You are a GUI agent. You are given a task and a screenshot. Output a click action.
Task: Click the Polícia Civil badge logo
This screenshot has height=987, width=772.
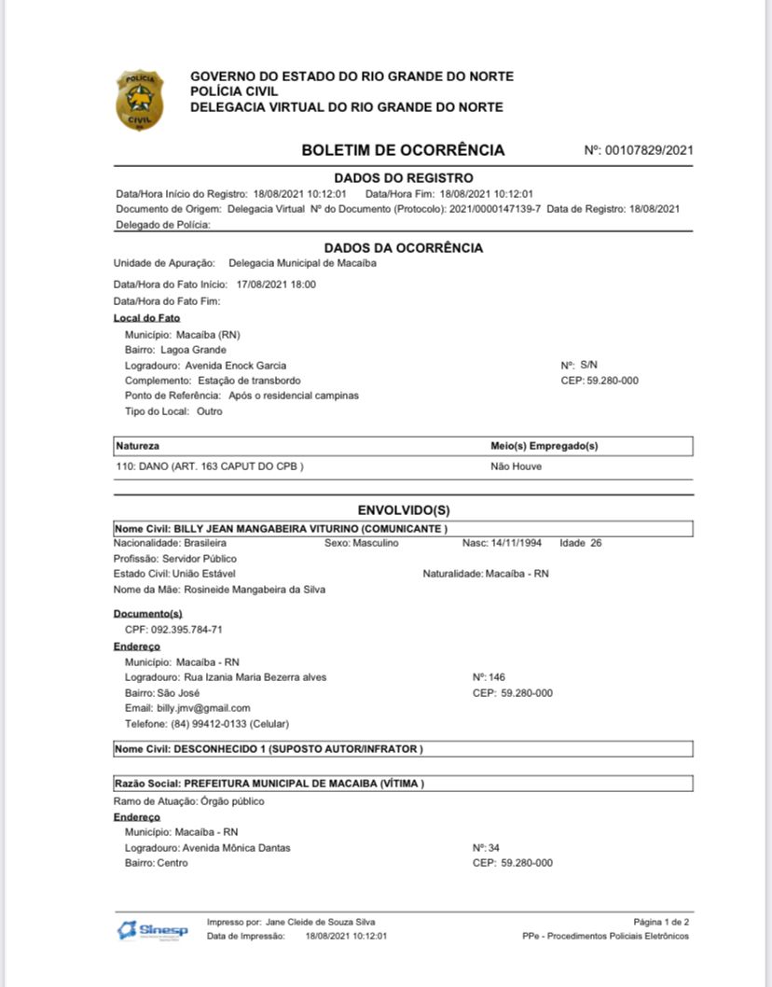click(x=140, y=100)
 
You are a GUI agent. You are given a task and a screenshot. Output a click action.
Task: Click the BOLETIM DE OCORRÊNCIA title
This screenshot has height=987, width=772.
click(x=403, y=150)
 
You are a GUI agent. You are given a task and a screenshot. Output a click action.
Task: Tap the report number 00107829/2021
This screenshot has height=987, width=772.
click(x=649, y=150)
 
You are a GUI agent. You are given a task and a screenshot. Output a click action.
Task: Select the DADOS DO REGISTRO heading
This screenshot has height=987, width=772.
click(x=403, y=178)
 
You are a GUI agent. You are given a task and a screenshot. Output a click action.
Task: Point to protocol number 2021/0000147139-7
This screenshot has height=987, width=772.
click(x=495, y=208)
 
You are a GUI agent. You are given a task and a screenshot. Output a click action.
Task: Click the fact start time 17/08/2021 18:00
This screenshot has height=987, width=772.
click(x=276, y=285)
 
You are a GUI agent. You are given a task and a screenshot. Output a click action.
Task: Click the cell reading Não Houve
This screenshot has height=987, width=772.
click(x=516, y=466)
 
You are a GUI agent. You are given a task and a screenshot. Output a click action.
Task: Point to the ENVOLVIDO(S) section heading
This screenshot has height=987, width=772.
click(x=404, y=510)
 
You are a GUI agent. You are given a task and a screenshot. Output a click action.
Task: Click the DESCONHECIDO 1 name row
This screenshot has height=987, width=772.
click(x=269, y=749)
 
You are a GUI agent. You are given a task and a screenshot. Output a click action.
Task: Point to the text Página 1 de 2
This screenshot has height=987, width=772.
click(x=661, y=922)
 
